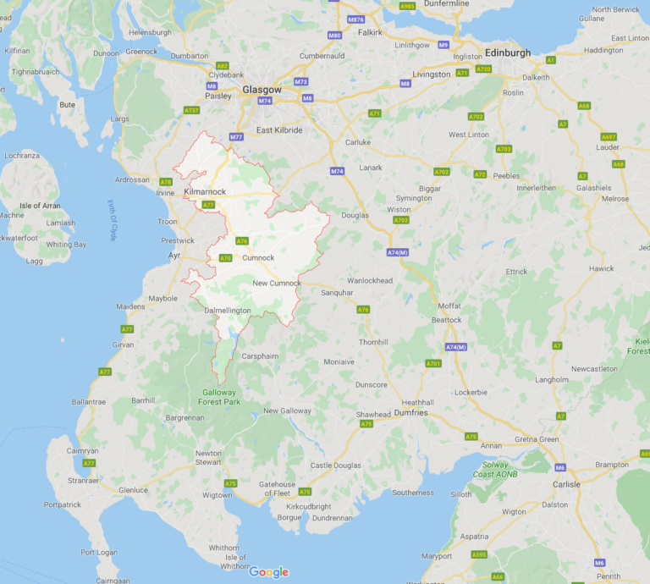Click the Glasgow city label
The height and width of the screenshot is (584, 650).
click(261, 89)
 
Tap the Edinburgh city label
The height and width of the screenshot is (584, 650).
click(508, 52)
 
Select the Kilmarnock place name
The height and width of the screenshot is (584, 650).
click(204, 193)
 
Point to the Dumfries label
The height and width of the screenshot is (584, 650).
click(410, 413)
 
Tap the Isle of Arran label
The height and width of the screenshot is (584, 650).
click(42, 207)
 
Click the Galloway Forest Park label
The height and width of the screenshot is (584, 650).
click(220, 397)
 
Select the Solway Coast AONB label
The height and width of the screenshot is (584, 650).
click(494, 470)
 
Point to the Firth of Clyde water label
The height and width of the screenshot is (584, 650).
click(112, 220)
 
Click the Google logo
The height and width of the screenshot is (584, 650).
click(268, 572)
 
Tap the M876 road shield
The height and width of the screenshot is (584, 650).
click(355, 19)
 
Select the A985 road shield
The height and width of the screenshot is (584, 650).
click(407, 6)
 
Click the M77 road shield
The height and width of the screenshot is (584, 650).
click(236, 136)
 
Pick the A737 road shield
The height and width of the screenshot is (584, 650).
click(191, 110)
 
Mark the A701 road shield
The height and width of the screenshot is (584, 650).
click(433, 363)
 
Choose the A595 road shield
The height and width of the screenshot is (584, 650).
click(479, 555)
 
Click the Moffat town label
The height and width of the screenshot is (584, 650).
click(449, 306)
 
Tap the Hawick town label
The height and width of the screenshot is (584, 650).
click(602, 268)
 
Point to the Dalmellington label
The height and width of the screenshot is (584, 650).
click(228, 311)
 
